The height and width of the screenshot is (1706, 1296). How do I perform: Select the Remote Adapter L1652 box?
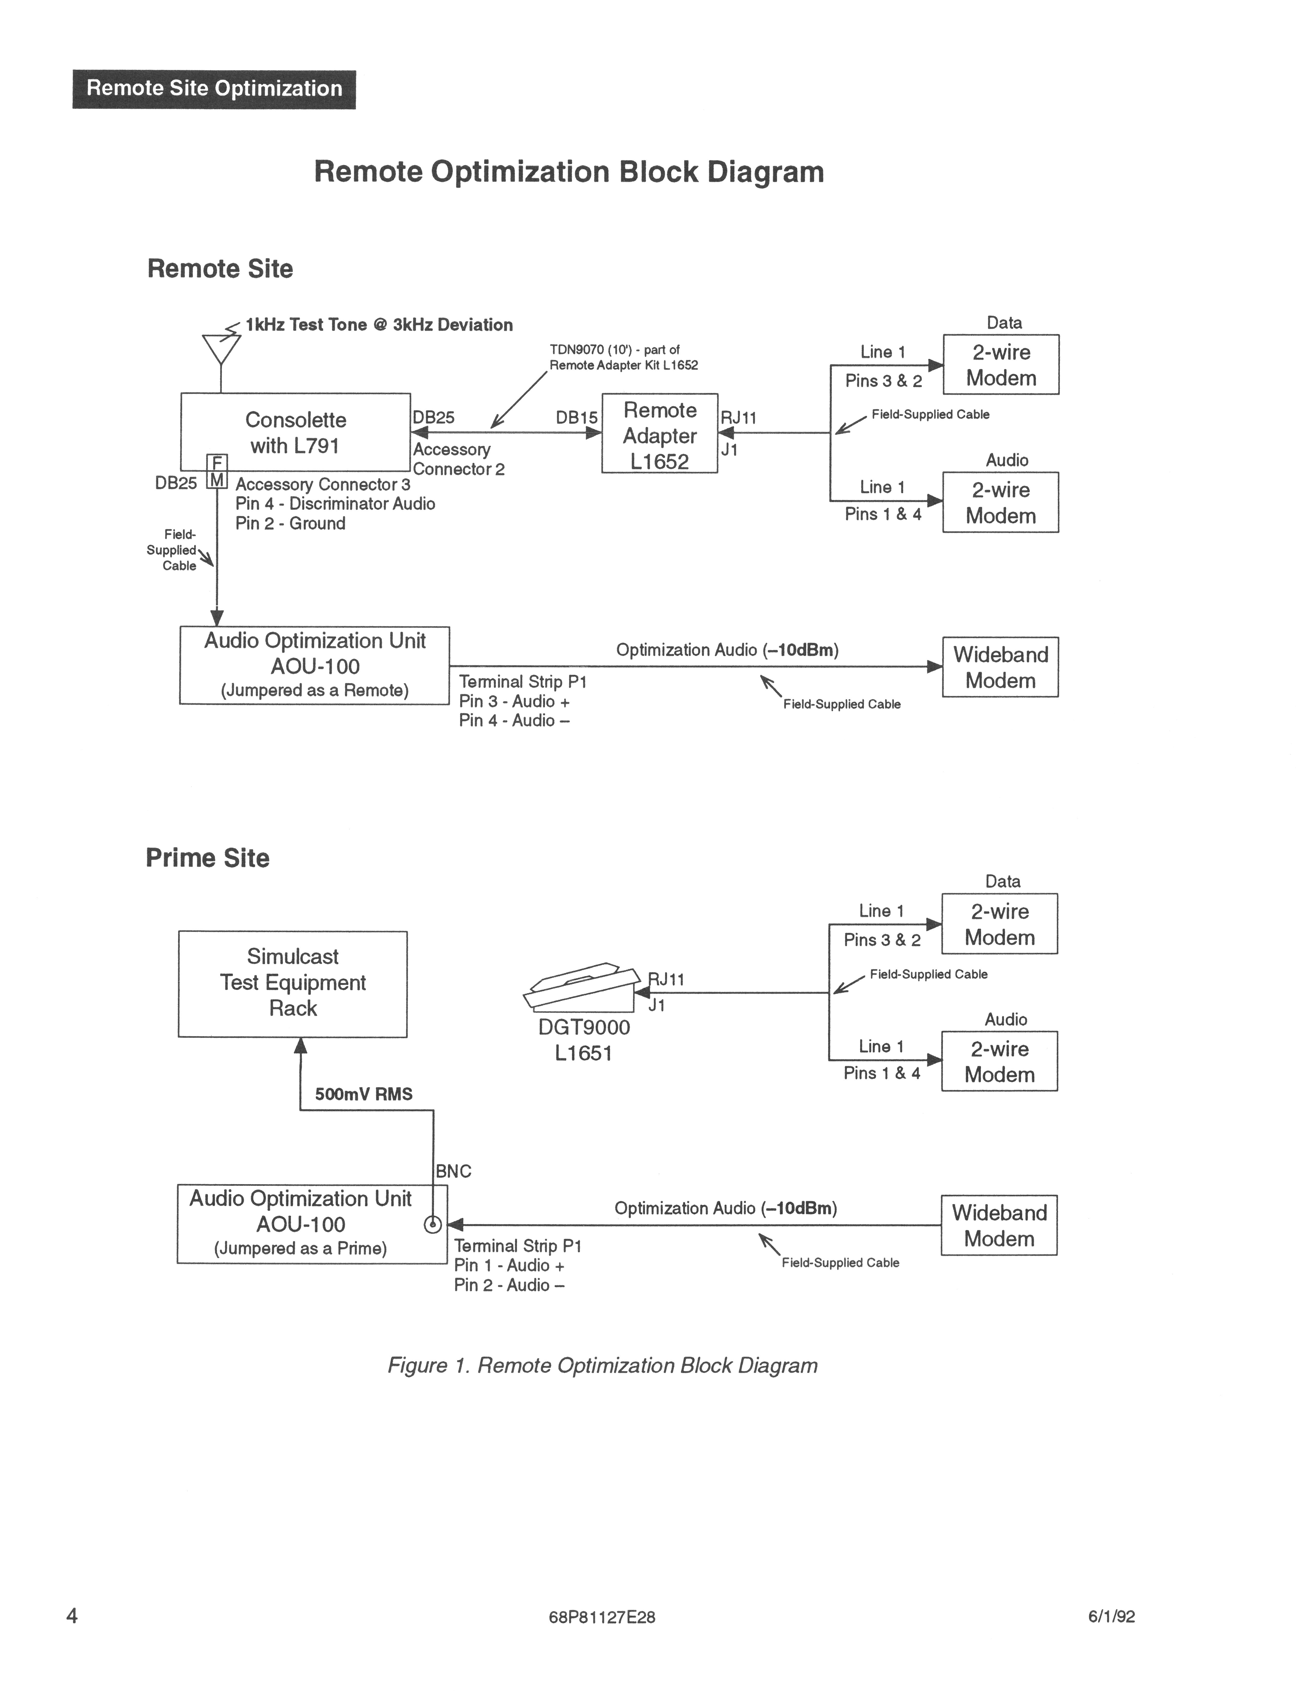tap(660, 434)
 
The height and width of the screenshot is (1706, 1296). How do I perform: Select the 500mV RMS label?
tap(363, 1094)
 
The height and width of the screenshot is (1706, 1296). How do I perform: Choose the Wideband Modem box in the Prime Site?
tap(999, 1225)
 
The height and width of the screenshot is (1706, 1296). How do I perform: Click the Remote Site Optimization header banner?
tap(214, 89)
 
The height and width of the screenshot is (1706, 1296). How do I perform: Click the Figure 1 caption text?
tap(602, 1366)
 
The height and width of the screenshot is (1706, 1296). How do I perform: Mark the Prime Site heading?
tap(207, 858)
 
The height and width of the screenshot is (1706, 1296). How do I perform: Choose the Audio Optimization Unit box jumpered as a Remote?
tap(315, 665)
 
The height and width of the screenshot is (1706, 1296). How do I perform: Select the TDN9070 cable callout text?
tap(623, 357)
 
